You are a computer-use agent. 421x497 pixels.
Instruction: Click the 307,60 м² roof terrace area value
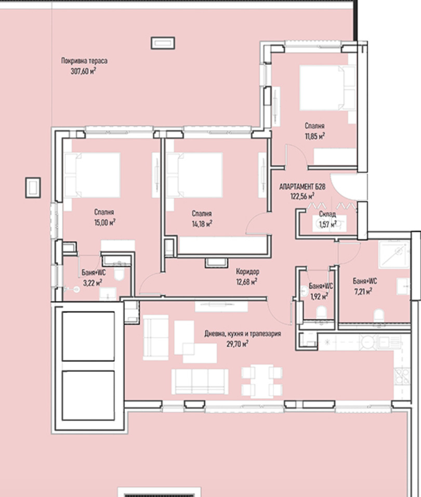pos(83,71)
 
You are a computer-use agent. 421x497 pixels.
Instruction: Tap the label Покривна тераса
pos(84,60)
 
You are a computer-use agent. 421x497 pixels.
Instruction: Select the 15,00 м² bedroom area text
pos(104,222)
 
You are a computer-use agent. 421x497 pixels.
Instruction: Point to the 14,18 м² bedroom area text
pos(202,224)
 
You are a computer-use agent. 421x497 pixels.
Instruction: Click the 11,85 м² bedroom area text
pos(315,136)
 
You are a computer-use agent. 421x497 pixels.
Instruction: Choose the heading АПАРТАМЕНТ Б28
pos(302,187)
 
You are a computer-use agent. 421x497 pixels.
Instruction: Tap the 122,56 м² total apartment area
pos(302,196)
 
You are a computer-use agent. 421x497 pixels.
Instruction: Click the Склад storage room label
pos(327,214)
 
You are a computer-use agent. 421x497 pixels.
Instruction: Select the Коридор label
pos(248,271)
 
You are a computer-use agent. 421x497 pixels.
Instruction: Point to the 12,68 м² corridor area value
pos(246,281)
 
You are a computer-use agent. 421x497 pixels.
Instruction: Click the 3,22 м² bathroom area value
pos(93,282)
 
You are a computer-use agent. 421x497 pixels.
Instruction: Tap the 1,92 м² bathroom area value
pos(319,296)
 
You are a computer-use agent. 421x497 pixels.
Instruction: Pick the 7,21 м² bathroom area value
pos(363,291)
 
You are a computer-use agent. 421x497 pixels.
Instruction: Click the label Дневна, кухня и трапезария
pos(243,333)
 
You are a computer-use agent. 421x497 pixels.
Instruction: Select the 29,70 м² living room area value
pos(238,344)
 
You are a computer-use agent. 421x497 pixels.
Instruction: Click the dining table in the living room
pos(261,381)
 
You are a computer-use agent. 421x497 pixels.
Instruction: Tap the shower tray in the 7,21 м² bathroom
pos(394,254)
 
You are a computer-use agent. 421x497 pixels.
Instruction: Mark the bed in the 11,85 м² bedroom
pos(327,88)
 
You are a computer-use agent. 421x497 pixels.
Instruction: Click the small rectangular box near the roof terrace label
pos(163,43)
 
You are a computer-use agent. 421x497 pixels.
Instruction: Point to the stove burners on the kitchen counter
pos(402,376)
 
